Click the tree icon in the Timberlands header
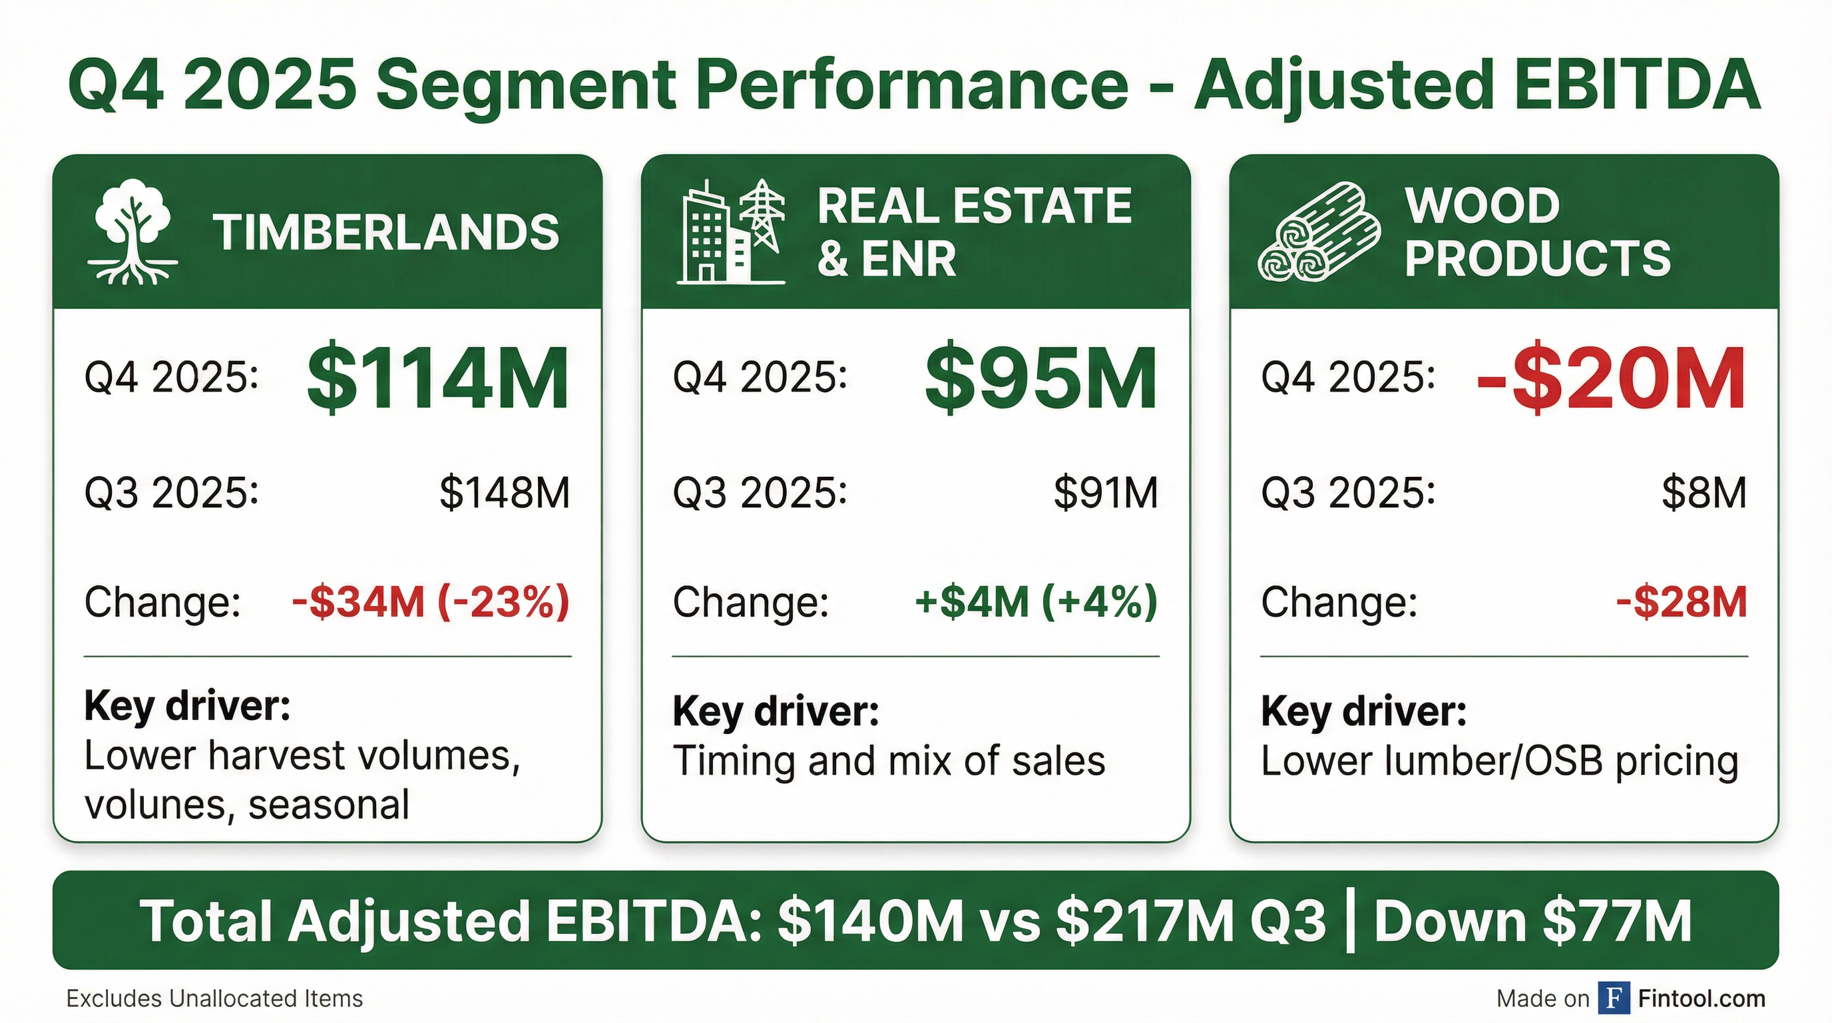133,232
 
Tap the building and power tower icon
730,232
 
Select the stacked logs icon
1319,232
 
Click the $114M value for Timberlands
437,378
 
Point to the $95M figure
1040,378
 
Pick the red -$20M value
1611,378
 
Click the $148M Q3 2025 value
504,492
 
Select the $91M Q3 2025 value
1105,492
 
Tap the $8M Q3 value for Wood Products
1704,492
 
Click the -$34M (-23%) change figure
431,602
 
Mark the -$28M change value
1682,602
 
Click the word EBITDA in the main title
1636,84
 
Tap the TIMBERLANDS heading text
386,232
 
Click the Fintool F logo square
1614,998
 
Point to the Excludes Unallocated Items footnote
214,999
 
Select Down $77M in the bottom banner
1532,921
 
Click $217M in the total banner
1145,921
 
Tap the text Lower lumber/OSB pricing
1499,761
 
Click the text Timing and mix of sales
889,761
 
